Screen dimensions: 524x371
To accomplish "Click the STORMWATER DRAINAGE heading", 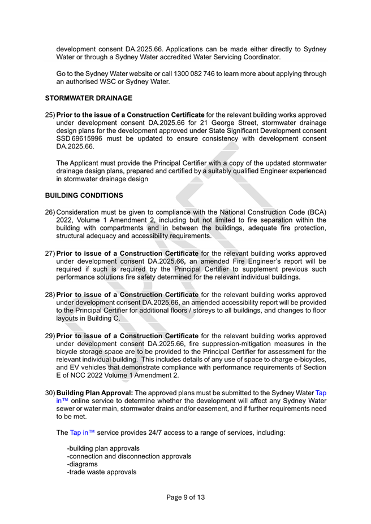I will click(88, 98).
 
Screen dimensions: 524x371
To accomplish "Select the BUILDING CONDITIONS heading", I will click(84, 196).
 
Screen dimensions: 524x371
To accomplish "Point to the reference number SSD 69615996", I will click(80, 139).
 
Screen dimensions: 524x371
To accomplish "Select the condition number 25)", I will click(50, 115).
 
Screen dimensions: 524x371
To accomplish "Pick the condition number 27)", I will click(50, 254).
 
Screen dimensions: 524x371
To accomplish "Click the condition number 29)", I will click(50, 335).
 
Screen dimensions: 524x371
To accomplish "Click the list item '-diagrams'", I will click(82, 464).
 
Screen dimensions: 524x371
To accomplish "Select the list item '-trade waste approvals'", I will click(101, 472).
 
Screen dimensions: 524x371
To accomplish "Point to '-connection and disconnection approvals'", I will click(129, 456).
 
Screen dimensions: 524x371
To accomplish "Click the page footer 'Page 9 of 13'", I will click(185, 497).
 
